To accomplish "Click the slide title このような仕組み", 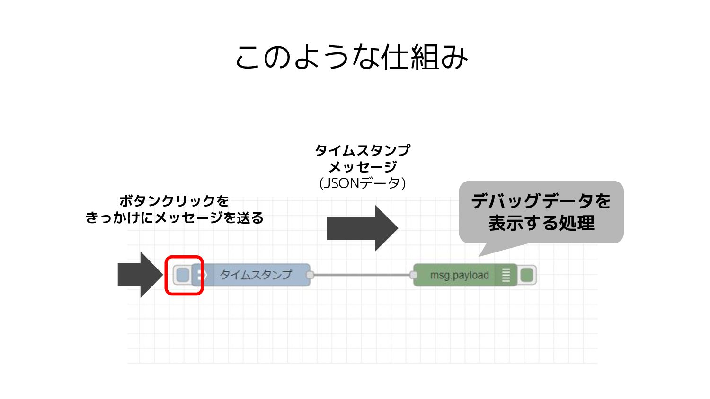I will (351, 57).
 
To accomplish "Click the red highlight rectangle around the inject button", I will (184, 257).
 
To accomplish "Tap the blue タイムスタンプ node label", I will (256, 275).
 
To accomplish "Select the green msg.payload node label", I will (459, 275).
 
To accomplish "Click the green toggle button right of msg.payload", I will (526, 275).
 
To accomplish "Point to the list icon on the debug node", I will (506, 275).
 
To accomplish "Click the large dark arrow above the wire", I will (362, 228).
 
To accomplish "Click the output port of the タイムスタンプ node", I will (310, 275).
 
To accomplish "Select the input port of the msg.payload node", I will (413, 275).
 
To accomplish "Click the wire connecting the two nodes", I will (362, 275).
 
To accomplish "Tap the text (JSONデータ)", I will (363, 183).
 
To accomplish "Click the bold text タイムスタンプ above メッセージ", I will (363, 150).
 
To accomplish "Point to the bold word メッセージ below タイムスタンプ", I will (363, 167).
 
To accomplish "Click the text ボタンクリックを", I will (174, 201).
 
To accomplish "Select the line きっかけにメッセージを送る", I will (175, 218).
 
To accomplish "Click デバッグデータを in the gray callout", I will (541, 201).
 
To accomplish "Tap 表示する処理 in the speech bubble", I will (541, 223).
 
